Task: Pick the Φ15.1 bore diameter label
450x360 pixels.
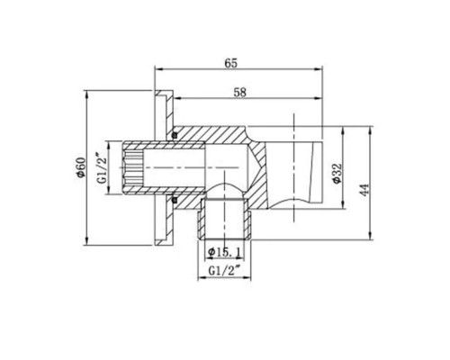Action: pyautogui.click(x=223, y=250)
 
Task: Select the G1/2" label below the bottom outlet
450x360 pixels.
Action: pyautogui.click(x=223, y=269)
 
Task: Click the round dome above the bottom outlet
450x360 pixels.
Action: pyautogui.click(x=223, y=191)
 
